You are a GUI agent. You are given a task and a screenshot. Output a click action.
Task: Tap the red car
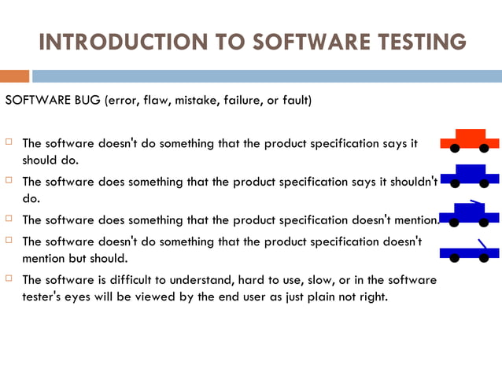tap(469, 139)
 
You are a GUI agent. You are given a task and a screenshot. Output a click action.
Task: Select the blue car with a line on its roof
tap(469, 212)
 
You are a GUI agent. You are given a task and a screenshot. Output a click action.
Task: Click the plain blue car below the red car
tap(469, 175)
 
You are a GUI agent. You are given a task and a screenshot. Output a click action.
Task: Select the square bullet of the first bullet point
tap(9, 143)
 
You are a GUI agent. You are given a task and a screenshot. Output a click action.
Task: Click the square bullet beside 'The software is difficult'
tap(9, 279)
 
